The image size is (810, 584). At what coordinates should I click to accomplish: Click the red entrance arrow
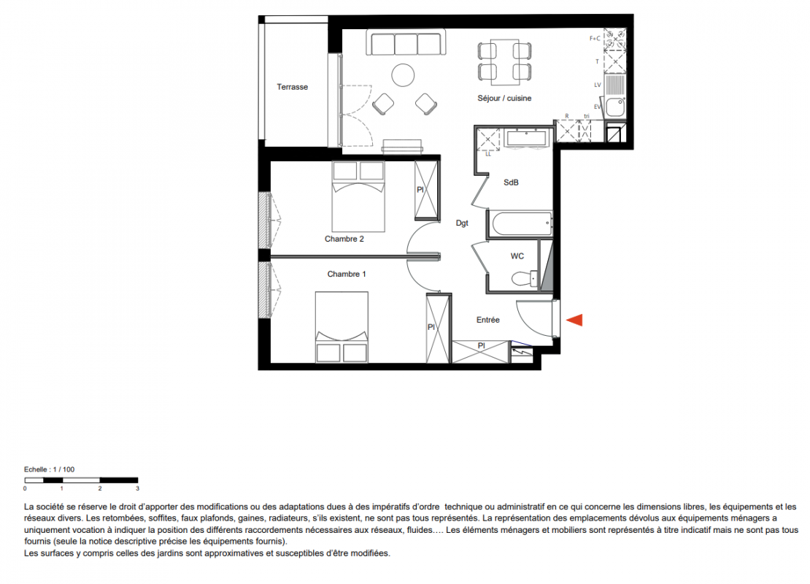tap(575, 320)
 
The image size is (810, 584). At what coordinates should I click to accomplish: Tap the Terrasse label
tap(293, 87)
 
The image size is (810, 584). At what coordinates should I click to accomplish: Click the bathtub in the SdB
tap(521, 224)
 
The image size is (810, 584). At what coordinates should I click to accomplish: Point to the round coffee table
tap(403, 75)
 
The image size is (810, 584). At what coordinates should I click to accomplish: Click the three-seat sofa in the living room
tap(406, 42)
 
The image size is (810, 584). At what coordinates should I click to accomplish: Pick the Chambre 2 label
tap(344, 239)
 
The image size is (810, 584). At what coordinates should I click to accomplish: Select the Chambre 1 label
tap(347, 274)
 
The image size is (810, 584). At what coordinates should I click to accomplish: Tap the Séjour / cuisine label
tap(504, 99)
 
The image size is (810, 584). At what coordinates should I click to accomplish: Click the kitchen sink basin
tap(614, 107)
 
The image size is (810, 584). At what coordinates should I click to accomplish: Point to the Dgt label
tap(462, 223)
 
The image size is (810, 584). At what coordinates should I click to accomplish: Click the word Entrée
tap(487, 320)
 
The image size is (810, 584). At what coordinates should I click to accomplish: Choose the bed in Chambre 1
tap(342, 327)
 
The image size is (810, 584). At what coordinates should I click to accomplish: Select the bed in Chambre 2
tap(358, 196)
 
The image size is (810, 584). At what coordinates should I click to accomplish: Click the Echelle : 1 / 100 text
tap(49, 469)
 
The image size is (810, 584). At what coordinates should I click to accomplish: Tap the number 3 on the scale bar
tap(137, 488)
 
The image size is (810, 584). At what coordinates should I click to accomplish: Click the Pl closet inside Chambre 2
tap(427, 191)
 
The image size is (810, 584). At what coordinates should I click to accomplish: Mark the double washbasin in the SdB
tap(526, 139)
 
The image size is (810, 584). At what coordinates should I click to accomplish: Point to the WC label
tap(517, 255)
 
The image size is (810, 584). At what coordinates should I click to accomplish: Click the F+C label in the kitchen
tap(595, 38)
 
